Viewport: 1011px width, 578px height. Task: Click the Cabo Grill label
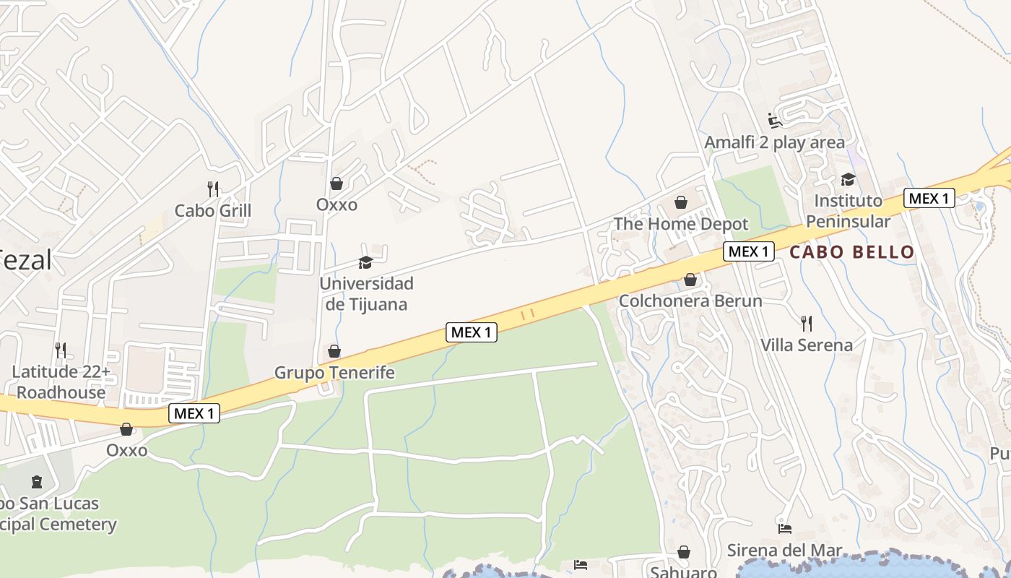213,210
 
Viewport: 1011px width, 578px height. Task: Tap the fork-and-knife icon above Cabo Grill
213,189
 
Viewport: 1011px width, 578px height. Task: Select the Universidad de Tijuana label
366,293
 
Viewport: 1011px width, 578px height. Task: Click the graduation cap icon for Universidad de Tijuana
366,262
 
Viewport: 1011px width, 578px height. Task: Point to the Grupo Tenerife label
334,373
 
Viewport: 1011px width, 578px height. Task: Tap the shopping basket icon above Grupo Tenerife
334,352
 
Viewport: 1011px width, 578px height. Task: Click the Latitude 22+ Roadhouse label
61,382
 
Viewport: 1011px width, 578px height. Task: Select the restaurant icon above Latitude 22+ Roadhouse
61,350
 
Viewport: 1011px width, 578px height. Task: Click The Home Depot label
681,224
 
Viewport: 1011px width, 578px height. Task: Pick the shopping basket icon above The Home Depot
681,202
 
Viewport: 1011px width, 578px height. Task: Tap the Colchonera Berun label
690,301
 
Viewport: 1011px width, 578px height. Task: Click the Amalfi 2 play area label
775,142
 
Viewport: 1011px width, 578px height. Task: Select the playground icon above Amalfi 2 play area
775,120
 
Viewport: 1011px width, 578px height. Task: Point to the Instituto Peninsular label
849,210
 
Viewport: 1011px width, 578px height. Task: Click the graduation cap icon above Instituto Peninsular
849,179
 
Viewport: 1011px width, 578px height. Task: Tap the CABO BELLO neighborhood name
852,252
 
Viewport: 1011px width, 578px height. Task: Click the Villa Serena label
807,345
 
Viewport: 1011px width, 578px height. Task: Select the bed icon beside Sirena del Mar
785,528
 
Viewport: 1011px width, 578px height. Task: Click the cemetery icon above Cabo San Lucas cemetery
37,482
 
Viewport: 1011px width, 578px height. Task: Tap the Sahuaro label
683,571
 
